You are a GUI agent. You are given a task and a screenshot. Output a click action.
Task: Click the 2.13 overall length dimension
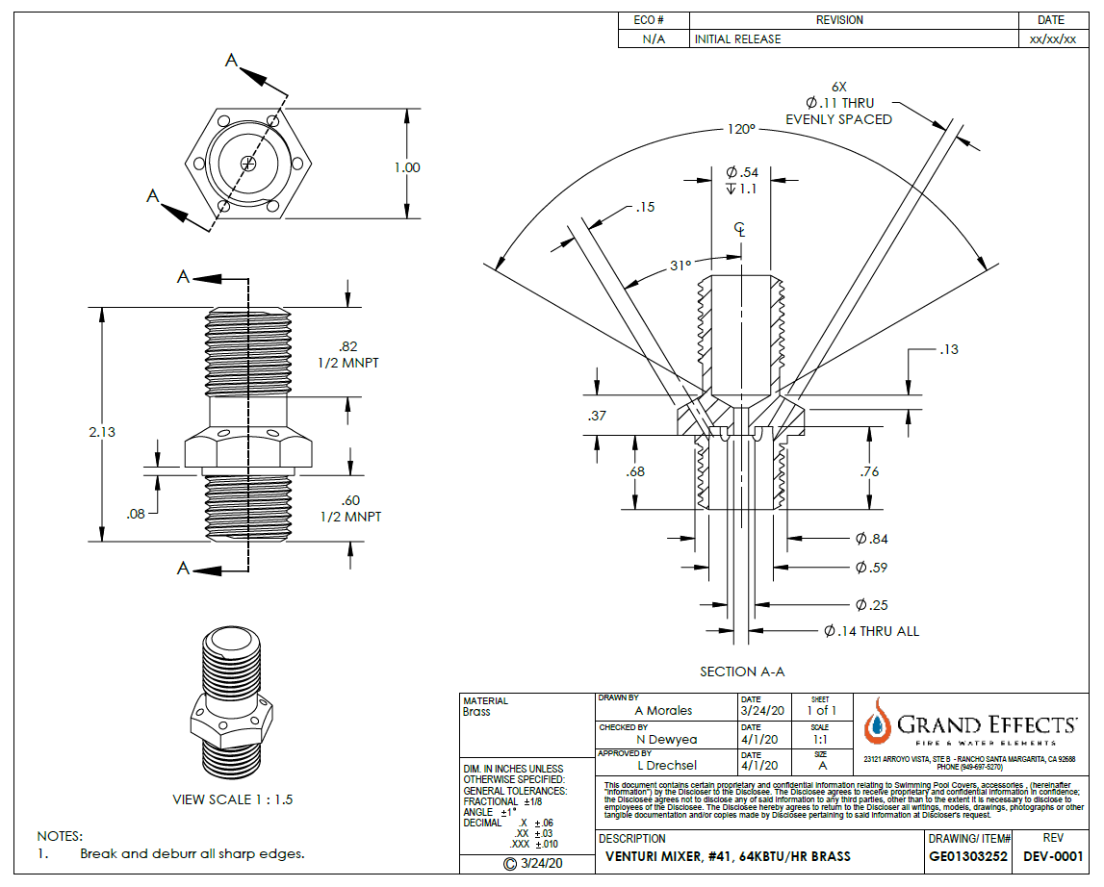[101, 432]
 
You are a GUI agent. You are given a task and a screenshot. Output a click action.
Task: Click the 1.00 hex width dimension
[407, 167]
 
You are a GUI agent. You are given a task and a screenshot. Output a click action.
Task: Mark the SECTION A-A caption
[742, 672]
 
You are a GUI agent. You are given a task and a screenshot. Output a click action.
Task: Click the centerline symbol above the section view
[740, 229]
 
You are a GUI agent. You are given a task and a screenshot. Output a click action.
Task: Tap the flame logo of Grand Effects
[876, 724]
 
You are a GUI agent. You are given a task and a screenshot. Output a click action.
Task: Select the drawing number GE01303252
[968, 856]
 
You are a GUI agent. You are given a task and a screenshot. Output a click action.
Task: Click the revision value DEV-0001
[1053, 856]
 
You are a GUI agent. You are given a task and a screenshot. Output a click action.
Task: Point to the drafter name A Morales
[663, 711]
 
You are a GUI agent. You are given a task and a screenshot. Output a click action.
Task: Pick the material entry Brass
[476, 712]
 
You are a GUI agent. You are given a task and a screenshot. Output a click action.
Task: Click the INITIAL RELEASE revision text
[738, 39]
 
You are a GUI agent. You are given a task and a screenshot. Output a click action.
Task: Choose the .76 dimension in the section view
[870, 471]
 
